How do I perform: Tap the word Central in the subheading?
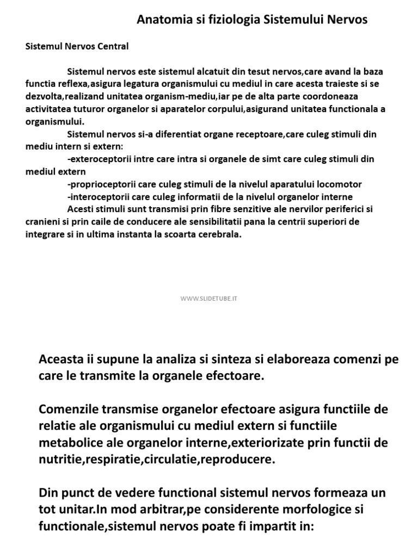[113, 46]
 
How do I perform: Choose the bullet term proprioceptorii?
[101, 184]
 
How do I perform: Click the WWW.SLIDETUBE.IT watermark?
[210, 299]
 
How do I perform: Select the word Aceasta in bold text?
[62, 359]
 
